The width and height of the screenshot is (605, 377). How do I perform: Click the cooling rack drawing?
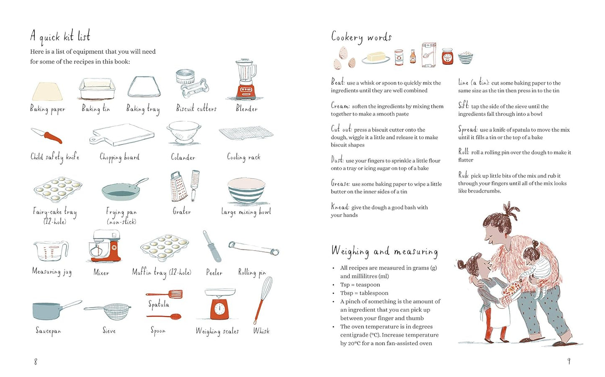(x=246, y=134)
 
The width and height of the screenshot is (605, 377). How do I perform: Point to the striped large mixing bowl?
(x=246, y=191)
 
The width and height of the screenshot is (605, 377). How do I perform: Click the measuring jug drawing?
(x=50, y=251)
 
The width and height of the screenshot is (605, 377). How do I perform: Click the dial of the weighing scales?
(x=219, y=309)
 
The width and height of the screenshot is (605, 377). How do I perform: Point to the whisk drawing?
(x=263, y=299)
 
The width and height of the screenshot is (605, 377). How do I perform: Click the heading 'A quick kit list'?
(x=60, y=37)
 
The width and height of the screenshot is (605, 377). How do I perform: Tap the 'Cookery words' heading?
(x=361, y=37)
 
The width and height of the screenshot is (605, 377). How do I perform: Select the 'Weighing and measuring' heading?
(x=384, y=251)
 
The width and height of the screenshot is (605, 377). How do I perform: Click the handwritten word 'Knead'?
(x=340, y=207)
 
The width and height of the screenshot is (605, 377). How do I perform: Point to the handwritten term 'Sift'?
(x=463, y=105)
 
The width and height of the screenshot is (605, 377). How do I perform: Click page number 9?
(x=569, y=361)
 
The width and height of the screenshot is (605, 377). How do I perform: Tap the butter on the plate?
(x=376, y=56)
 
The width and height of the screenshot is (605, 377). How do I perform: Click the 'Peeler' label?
(x=214, y=272)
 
